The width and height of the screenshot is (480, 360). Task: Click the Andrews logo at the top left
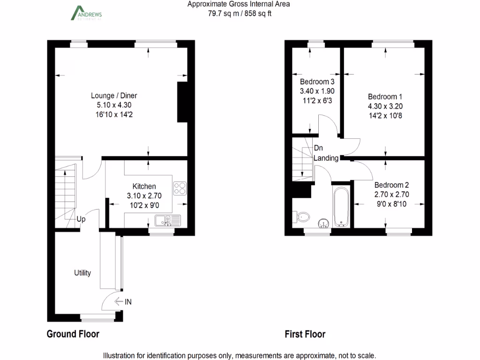(86, 13)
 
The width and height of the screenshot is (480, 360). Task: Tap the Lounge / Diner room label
(114, 96)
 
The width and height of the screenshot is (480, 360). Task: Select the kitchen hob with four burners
(180, 188)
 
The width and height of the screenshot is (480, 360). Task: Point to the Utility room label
(82, 273)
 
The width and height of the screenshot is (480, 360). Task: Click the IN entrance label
(127, 302)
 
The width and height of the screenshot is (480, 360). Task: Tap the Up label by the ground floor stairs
(81, 219)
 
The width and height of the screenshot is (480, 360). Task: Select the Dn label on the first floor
(318, 148)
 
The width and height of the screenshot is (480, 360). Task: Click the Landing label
(326, 158)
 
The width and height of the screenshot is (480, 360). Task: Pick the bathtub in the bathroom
(341, 207)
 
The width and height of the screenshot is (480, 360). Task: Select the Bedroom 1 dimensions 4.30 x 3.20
(385, 106)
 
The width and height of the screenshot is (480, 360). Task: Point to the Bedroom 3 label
(317, 82)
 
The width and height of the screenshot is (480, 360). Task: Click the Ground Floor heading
(73, 334)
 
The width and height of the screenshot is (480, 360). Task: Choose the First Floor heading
(305, 334)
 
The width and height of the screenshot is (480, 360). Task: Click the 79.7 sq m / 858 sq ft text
(240, 14)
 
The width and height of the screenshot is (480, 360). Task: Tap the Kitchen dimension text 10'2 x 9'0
(144, 204)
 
